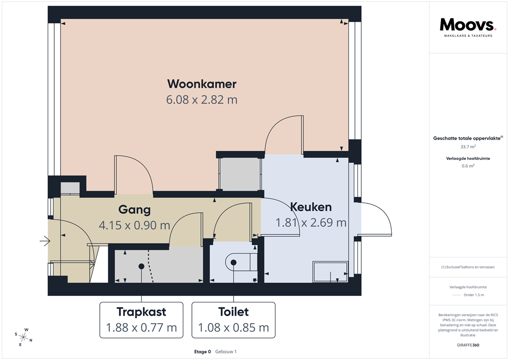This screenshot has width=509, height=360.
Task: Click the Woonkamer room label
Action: tap(201, 83)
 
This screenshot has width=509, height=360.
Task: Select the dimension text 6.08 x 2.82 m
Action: tap(201, 99)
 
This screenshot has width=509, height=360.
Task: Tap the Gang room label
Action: tap(134, 209)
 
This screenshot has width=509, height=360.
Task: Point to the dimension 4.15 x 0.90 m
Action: tap(134, 225)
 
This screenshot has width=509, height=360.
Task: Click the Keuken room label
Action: tap(311, 207)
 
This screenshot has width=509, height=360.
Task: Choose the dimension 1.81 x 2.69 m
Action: tap(311, 222)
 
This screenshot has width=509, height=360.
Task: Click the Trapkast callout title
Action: tap(141, 312)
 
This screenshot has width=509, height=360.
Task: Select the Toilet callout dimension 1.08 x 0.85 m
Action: tap(233, 328)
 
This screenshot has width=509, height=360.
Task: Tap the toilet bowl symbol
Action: tap(239, 262)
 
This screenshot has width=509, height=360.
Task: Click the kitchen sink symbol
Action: tap(330, 271)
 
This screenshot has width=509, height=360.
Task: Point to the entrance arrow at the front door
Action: tap(45, 242)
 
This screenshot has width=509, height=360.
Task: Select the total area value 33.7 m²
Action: tap(468, 147)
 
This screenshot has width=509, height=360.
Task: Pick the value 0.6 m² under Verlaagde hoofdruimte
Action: tap(468, 166)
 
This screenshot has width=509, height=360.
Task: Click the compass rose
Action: tap(23, 337)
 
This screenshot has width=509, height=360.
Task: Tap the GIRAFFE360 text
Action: tap(468, 345)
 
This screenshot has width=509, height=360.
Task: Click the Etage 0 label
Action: tap(203, 352)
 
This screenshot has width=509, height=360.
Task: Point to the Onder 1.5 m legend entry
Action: tap(473, 295)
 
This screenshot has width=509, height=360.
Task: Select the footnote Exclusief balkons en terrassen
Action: tap(468, 267)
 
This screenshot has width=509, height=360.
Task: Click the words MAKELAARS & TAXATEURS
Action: tap(468, 36)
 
